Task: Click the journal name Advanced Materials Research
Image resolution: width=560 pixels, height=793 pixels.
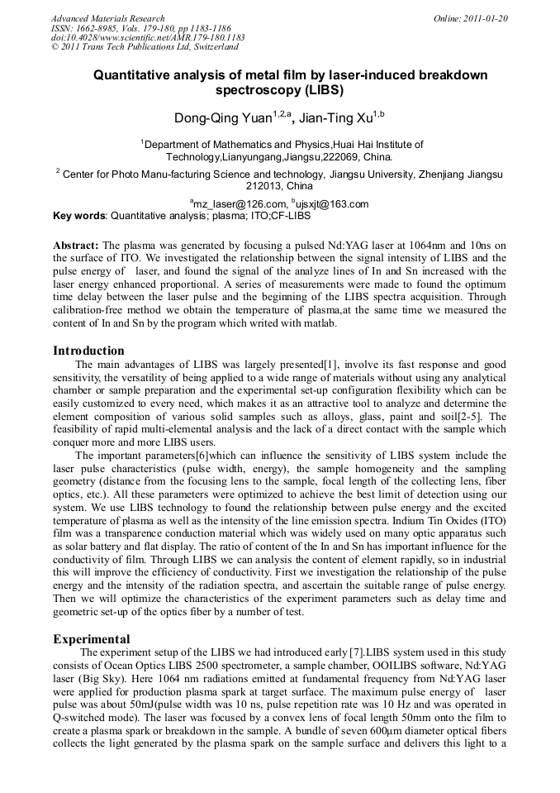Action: coord(107,18)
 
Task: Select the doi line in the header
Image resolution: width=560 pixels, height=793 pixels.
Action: coord(148,37)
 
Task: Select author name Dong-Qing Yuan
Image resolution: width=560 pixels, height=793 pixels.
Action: coord(225,118)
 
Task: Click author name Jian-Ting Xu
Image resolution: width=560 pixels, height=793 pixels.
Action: coord(334,118)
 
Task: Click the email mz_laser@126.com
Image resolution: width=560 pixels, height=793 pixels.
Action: coord(240,204)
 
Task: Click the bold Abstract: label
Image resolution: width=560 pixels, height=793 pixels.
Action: coord(76,246)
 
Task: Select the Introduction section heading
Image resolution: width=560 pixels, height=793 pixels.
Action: coord(88,351)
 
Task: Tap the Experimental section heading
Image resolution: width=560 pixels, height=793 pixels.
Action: coord(91,639)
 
